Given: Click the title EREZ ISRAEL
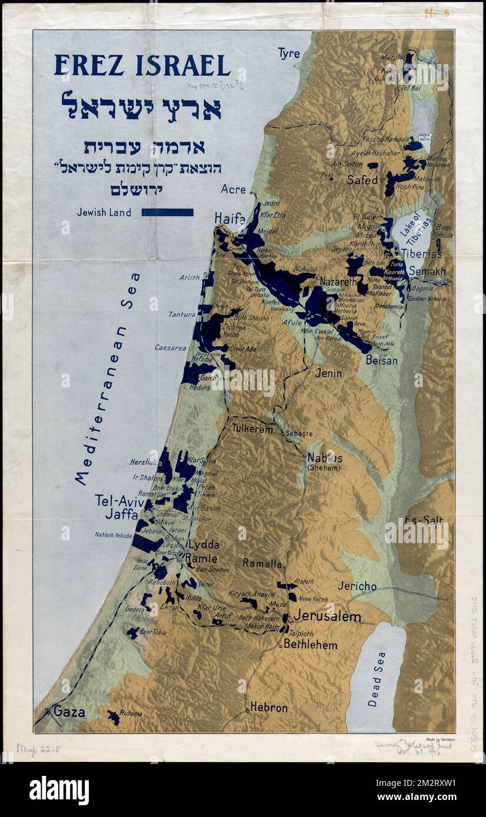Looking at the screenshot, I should pos(142,65).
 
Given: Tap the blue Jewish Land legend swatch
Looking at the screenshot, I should pos(167,212).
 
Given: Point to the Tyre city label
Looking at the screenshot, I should pos(288,53).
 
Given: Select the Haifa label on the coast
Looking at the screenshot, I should pos(229,218).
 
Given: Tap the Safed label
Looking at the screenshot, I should pos(362,180).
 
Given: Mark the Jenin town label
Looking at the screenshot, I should pos(328,373).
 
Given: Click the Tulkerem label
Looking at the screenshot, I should pos(252,429).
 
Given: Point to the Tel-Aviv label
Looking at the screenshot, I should pos(119,500).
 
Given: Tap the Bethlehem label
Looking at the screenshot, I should pos(310,644).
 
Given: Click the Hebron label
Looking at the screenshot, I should pos(269,708).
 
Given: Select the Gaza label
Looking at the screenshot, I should pos(69,712).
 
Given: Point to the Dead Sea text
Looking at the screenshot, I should pos(377,678).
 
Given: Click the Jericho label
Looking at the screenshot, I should pos(357,585).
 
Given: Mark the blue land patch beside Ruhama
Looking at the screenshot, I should pos(112,717).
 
